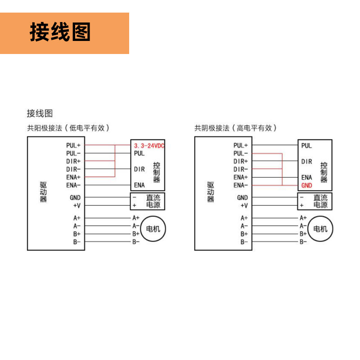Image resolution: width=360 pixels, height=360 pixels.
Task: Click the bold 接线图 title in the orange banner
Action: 60,32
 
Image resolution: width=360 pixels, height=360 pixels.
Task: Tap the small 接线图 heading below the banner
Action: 40,113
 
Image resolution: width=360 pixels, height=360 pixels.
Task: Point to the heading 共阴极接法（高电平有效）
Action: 235,128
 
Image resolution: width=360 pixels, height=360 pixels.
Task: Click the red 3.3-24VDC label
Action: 149,146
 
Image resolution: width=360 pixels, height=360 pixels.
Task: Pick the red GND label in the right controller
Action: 306,185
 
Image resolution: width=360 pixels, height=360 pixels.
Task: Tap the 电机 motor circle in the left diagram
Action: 153,229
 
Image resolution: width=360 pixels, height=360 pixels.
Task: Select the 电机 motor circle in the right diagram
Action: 320,229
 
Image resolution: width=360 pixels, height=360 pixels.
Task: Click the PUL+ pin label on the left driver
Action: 73,145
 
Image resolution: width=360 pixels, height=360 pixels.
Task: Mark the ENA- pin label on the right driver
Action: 241,185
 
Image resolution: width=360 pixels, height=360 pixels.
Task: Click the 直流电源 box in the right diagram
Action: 315,201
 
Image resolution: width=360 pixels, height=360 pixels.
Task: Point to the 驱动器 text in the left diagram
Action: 43,192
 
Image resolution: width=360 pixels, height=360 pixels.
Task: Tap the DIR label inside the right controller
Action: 306,161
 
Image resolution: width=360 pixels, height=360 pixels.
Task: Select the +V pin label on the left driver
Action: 76,205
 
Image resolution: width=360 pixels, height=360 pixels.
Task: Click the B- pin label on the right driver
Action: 244,242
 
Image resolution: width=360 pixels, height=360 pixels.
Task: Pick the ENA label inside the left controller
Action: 139,185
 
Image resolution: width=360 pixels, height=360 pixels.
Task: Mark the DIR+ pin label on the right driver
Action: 241,161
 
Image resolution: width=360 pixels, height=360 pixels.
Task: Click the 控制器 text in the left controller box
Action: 156,172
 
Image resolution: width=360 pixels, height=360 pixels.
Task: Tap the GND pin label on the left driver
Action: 75,197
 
